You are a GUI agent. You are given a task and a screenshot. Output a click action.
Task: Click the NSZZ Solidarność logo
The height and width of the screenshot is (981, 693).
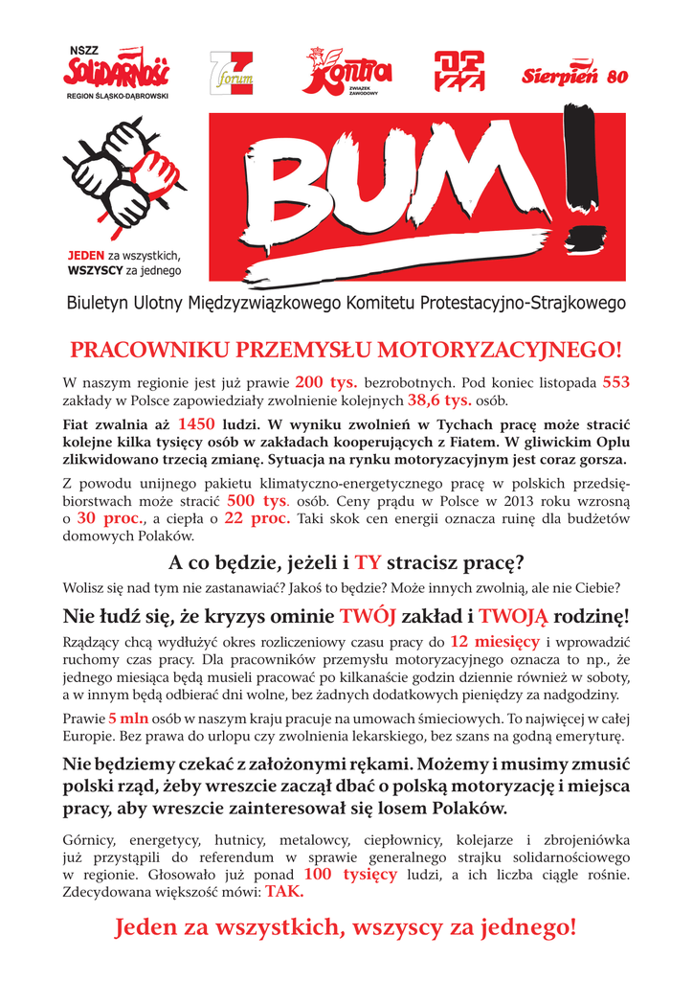pos(116,72)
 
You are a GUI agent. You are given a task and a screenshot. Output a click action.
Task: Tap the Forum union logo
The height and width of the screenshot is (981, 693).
pos(231,73)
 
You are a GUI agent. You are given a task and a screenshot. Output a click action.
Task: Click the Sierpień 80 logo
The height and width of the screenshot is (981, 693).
pos(574,77)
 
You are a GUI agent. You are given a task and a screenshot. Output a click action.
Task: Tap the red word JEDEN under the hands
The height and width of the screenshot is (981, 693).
pos(85,257)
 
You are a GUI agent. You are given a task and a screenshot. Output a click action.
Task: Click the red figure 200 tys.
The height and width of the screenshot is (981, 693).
pos(326,381)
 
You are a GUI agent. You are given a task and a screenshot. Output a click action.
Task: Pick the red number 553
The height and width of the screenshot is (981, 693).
pos(615,381)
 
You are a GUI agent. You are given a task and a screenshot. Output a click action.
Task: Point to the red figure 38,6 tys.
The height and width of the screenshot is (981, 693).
pos(439,399)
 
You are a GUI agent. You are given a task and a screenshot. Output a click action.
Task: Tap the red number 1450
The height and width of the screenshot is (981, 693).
pos(196,423)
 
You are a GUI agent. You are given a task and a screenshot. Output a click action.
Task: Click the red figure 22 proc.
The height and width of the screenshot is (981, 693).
pos(257,518)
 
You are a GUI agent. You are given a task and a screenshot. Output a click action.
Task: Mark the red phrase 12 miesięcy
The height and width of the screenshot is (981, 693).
pos(494,641)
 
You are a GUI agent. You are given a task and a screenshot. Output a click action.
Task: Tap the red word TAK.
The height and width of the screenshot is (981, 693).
pos(284,892)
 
